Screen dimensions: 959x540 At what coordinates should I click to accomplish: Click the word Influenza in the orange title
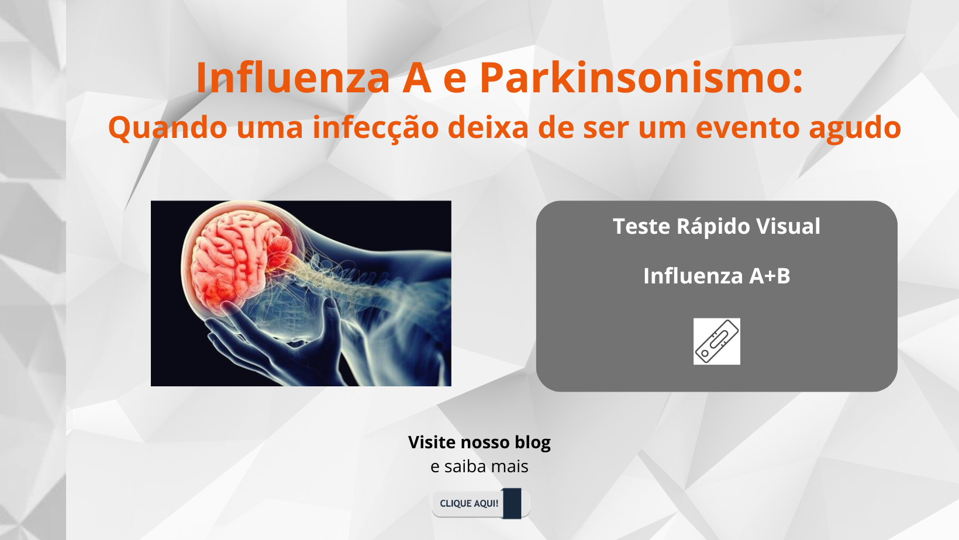pyautogui.click(x=293, y=77)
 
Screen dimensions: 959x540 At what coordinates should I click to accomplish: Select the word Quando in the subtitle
pyautogui.click(x=168, y=128)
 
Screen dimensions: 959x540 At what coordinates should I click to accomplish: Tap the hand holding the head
pyautogui.click(x=274, y=338)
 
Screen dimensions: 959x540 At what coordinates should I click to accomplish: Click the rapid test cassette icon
pyautogui.click(x=717, y=341)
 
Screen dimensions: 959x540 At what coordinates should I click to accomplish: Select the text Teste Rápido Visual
pyautogui.click(x=717, y=227)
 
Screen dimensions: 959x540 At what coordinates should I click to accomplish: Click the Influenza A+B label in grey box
pyautogui.click(x=717, y=276)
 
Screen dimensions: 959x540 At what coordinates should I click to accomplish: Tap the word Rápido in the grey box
pyautogui.click(x=713, y=227)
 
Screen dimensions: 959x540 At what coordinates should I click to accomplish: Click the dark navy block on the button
pyautogui.click(x=512, y=503)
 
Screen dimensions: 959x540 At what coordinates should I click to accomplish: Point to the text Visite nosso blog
pyautogui.click(x=479, y=442)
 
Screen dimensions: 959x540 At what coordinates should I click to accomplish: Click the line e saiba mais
pyautogui.click(x=479, y=466)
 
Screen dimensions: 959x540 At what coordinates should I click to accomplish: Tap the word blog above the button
pyautogui.click(x=533, y=442)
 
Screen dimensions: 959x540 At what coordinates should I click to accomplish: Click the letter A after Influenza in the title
pyautogui.click(x=416, y=77)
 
